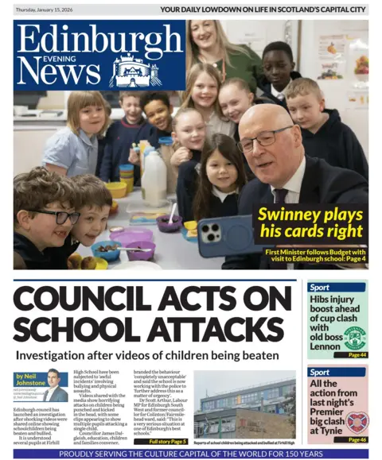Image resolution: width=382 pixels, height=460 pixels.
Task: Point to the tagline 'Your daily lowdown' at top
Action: pyautogui.click(x=275, y=10)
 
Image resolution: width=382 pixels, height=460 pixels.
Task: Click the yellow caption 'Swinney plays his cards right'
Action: pyautogui.click(x=310, y=224)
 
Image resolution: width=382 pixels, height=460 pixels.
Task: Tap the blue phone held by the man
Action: pyautogui.click(x=224, y=236)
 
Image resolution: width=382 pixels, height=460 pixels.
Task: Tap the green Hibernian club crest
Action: pyautogui.click(x=355, y=337)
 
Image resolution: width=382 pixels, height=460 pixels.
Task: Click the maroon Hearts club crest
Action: pyautogui.click(x=356, y=420)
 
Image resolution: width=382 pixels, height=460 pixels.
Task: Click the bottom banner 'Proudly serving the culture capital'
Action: pyautogui.click(x=191, y=454)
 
